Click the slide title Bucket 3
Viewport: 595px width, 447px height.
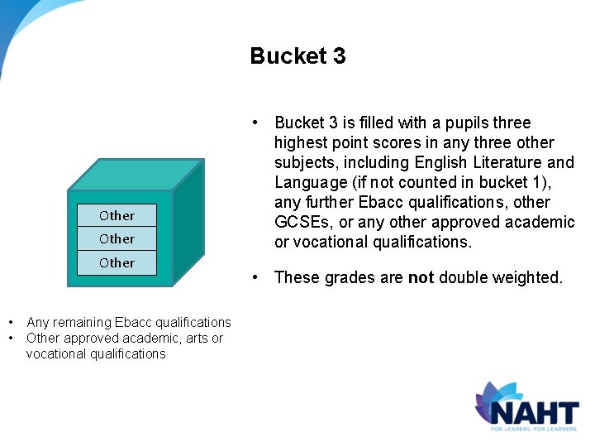[x=297, y=56]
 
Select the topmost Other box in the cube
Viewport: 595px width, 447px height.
[x=117, y=215]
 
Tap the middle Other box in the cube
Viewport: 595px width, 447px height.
[x=117, y=239]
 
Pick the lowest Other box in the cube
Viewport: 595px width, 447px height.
[x=117, y=262]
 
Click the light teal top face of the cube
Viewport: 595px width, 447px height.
[x=132, y=174]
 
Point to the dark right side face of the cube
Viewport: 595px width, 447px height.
[x=188, y=223]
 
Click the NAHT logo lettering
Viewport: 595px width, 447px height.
[x=534, y=411]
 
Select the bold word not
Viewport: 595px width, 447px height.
[x=421, y=278]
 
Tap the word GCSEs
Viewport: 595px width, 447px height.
[x=298, y=222]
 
